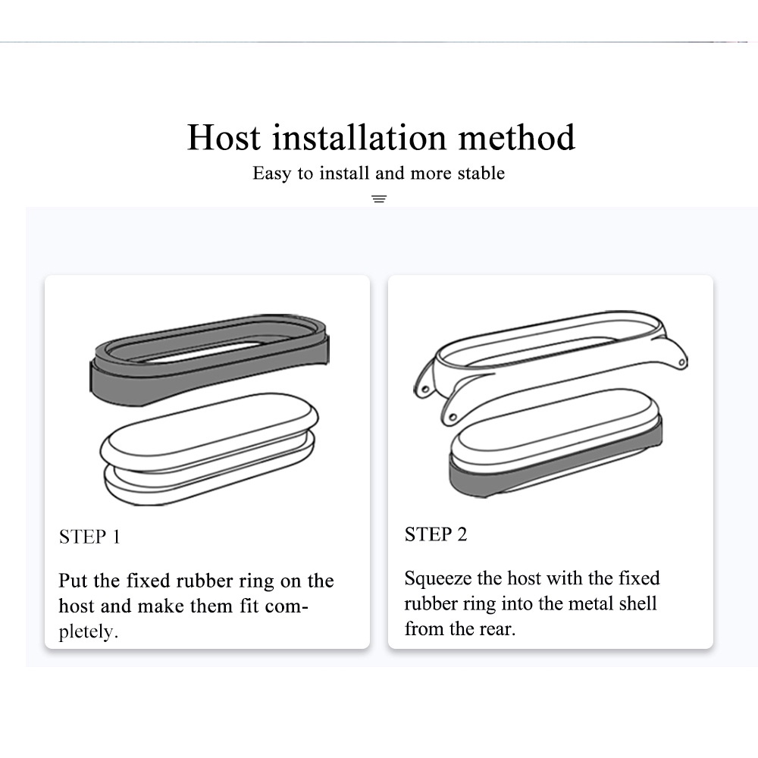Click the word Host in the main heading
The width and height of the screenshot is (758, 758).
click(x=224, y=138)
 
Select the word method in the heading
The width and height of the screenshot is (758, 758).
click(x=517, y=138)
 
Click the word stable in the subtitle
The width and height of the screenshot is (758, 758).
click(x=481, y=174)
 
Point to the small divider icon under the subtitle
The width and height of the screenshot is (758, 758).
click(x=380, y=199)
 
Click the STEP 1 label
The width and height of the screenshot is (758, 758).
click(x=89, y=537)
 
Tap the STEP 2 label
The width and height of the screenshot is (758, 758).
click(x=436, y=535)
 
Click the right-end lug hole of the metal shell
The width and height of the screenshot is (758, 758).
click(x=682, y=363)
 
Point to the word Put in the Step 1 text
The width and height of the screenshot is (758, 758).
click(x=74, y=581)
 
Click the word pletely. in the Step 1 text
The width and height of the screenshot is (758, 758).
click(x=89, y=632)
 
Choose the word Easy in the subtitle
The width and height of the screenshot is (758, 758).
click(x=271, y=174)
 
